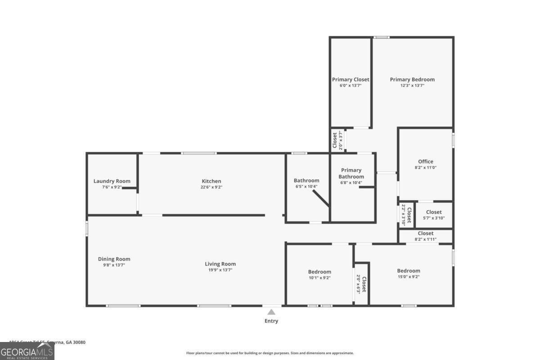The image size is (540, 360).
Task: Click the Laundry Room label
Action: coord(112,181)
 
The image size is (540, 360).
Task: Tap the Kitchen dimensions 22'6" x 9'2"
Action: coord(211,187)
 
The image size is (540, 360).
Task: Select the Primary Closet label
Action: coord(351,80)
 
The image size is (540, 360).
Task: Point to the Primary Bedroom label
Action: coord(412,80)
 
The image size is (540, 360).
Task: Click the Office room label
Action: coord(425,162)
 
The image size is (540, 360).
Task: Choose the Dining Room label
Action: coord(114,259)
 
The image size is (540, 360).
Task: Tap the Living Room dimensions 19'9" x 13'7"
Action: coord(220,270)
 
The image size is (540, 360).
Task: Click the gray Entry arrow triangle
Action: coord(271,312)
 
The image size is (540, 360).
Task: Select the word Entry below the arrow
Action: coord(271,321)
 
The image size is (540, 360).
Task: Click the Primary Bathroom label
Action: coord(351,173)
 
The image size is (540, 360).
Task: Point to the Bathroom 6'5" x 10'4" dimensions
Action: coord(306,186)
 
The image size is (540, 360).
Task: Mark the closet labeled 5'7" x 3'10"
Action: coord(434,215)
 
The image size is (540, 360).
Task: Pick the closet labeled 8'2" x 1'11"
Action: coord(425,236)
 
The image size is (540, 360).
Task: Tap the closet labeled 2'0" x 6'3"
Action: coord(361,284)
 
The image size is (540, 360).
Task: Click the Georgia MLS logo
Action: coord(27,351)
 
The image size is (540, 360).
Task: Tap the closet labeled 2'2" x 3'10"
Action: coord(406,215)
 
